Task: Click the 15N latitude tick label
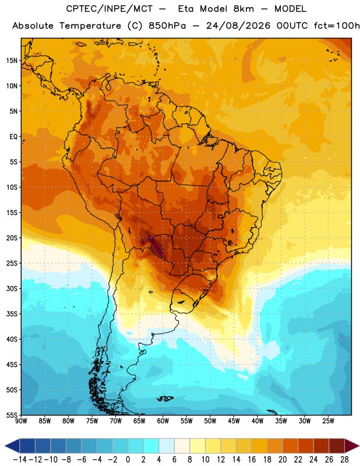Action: pos(12,61)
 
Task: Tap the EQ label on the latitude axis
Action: pos(13,137)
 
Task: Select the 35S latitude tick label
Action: pos(12,314)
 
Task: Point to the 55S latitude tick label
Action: pos(12,415)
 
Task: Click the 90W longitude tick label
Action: pos(22,421)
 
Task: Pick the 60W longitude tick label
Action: pos(163,421)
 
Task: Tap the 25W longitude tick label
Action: pos(328,421)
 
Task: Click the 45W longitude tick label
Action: pos(234,421)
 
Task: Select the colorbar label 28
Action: pos(344,460)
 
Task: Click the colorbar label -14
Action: pos(20,460)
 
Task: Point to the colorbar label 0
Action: pos(128,460)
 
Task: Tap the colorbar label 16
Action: pos(252,460)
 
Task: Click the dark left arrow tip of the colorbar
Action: pos(5,446)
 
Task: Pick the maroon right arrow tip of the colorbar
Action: pos(359,446)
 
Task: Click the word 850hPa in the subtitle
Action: pos(167,26)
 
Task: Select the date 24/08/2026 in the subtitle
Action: pos(238,26)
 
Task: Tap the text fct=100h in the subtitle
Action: pos(337,26)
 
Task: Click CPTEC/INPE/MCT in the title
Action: pos(110,9)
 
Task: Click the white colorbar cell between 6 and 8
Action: pos(182,446)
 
